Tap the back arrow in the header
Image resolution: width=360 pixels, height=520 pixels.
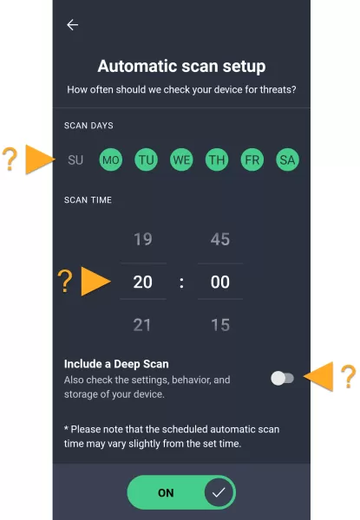[x=72, y=25]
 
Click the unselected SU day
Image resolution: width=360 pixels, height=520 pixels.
[x=75, y=159]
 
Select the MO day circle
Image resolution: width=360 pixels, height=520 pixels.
[x=111, y=159]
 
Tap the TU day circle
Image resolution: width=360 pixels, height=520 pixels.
[x=146, y=159]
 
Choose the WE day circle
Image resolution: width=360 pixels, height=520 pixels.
[x=181, y=159]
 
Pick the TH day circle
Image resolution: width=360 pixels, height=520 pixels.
[x=217, y=159]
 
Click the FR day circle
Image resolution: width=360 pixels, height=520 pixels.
[x=252, y=159]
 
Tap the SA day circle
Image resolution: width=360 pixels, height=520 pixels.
[x=287, y=159]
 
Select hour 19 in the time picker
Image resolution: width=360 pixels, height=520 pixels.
[x=143, y=239]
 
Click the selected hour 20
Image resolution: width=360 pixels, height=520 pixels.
[x=142, y=282]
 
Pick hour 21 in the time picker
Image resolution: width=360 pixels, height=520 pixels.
[x=142, y=325]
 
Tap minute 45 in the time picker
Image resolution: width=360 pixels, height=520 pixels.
[x=220, y=239]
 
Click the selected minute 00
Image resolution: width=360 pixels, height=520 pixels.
[x=220, y=282]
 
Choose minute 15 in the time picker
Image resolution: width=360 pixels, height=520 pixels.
[x=220, y=325]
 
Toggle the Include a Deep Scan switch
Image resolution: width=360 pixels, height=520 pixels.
[x=282, y=378]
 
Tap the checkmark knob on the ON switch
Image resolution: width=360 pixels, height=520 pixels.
[x=219, y=492]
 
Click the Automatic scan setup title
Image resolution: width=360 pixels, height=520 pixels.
[x=181, y=66]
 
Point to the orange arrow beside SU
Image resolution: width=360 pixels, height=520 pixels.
[x=41, y=159]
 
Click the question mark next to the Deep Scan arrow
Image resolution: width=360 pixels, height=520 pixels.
[x=349, y=376]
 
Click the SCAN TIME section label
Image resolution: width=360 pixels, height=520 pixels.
[x=88, y=200]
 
